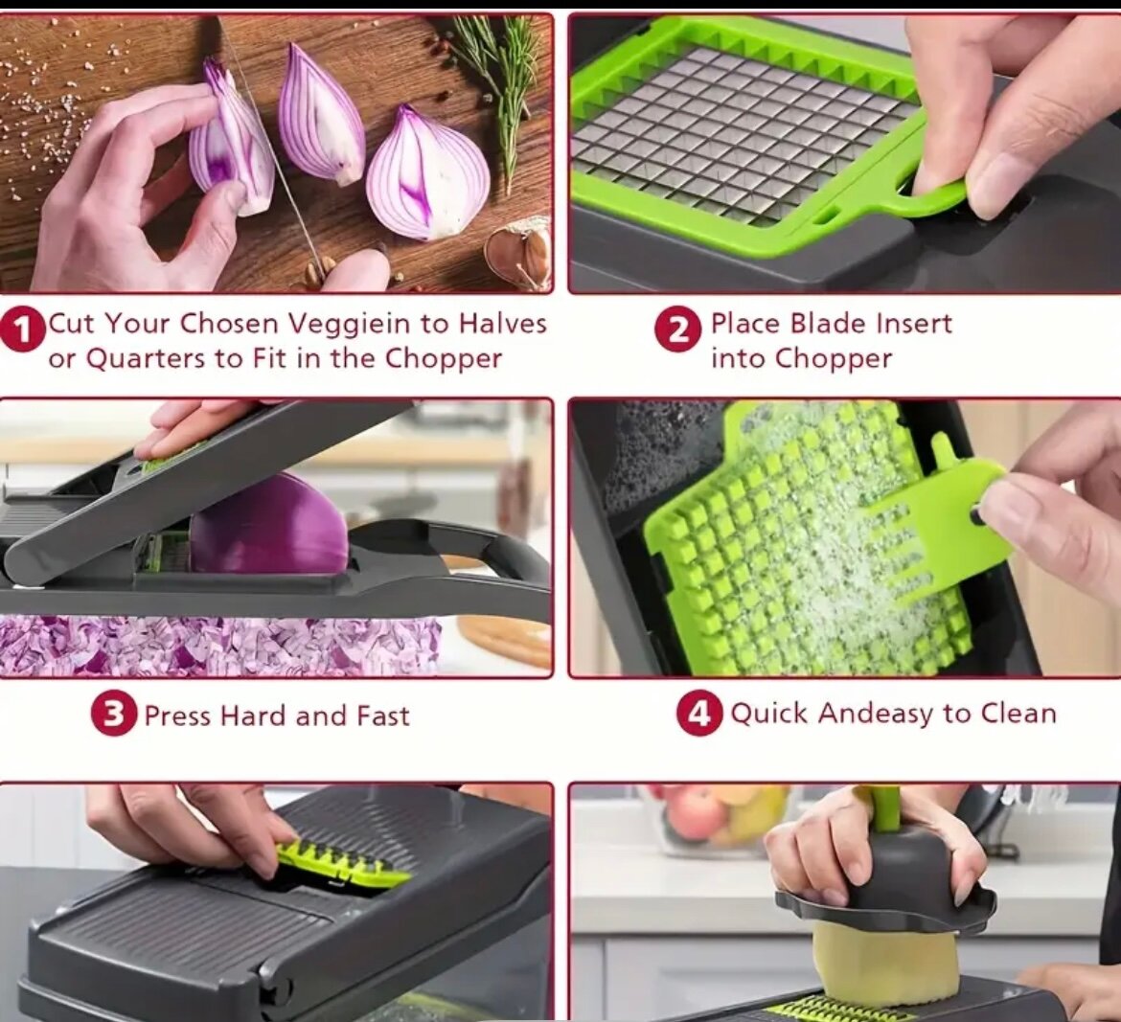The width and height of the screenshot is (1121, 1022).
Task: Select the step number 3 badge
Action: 114,714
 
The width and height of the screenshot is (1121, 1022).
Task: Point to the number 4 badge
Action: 699,714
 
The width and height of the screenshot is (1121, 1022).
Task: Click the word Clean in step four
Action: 1018,714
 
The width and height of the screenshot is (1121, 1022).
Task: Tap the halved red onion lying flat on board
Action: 427,174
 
